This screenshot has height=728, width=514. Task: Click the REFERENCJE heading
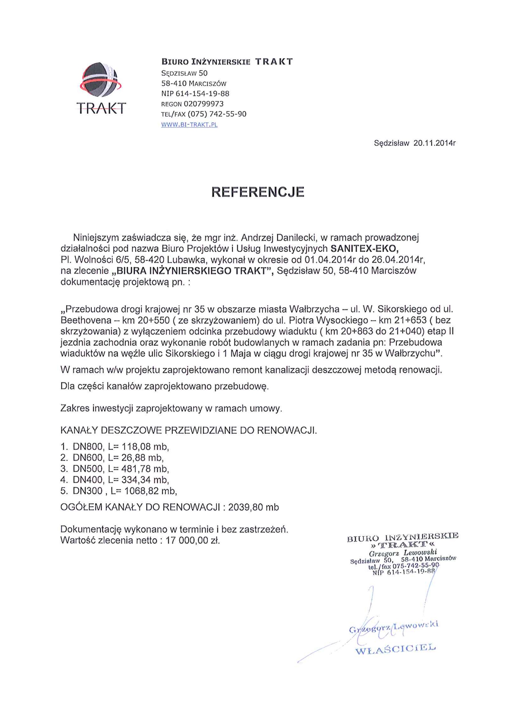(x=258, y=192)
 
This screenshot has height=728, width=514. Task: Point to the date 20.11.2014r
(x=434, y=143)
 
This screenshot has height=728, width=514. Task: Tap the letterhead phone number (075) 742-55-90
(x=217, y=114)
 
